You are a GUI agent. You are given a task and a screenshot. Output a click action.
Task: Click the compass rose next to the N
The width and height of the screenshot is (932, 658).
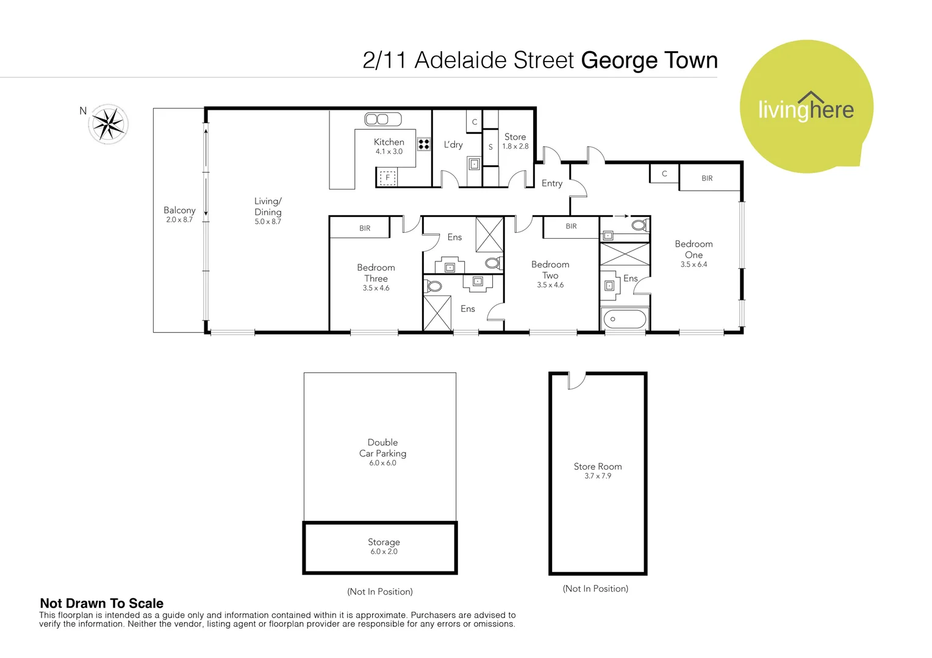(x=108, y=124)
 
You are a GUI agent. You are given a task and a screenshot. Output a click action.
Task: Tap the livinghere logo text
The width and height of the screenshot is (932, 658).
(x=806, y=110)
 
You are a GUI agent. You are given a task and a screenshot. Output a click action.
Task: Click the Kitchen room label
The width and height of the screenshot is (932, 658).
(x=389, y=142)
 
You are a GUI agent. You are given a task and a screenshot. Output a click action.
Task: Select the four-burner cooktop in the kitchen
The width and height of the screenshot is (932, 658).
(x=424, y=144)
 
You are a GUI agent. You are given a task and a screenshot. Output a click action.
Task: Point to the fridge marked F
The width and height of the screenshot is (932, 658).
(x=387, y=178)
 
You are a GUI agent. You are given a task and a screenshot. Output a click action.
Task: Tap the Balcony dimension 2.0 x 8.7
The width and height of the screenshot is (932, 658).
(x=179, y=220)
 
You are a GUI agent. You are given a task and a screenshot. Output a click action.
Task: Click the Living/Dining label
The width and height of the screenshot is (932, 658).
(x=268, y=207)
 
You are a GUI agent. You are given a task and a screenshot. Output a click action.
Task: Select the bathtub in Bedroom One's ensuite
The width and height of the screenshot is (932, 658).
(x=625, y=319)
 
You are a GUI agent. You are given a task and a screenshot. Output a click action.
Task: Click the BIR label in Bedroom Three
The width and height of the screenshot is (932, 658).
(x=365, y=228)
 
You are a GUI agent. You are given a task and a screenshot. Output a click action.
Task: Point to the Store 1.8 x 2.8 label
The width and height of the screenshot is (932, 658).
(x=515, y=141)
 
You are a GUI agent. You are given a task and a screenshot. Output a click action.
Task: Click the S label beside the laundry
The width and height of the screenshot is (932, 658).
(x=490, y=147)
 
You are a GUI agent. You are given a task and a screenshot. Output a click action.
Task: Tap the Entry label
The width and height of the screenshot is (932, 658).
(x=552, y=183)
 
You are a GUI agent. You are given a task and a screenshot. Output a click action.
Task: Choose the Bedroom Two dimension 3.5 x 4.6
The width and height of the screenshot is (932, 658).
(x=550, y=285)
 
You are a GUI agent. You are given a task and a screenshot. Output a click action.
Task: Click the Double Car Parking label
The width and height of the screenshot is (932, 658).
(x=382, y=448)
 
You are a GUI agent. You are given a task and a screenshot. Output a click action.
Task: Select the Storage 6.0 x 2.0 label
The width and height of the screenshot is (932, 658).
(x=384, y=547)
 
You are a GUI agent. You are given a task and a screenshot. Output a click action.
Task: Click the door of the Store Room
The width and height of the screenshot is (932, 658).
(x=576, y=381)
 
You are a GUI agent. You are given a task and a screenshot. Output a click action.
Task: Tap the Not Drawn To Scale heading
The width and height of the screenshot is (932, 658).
(x=102, y=603)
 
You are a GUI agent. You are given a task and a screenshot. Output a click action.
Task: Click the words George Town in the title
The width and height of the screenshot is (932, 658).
(x=649, y=60)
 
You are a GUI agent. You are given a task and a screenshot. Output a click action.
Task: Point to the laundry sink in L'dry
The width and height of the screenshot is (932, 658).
(x=474, y=164)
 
